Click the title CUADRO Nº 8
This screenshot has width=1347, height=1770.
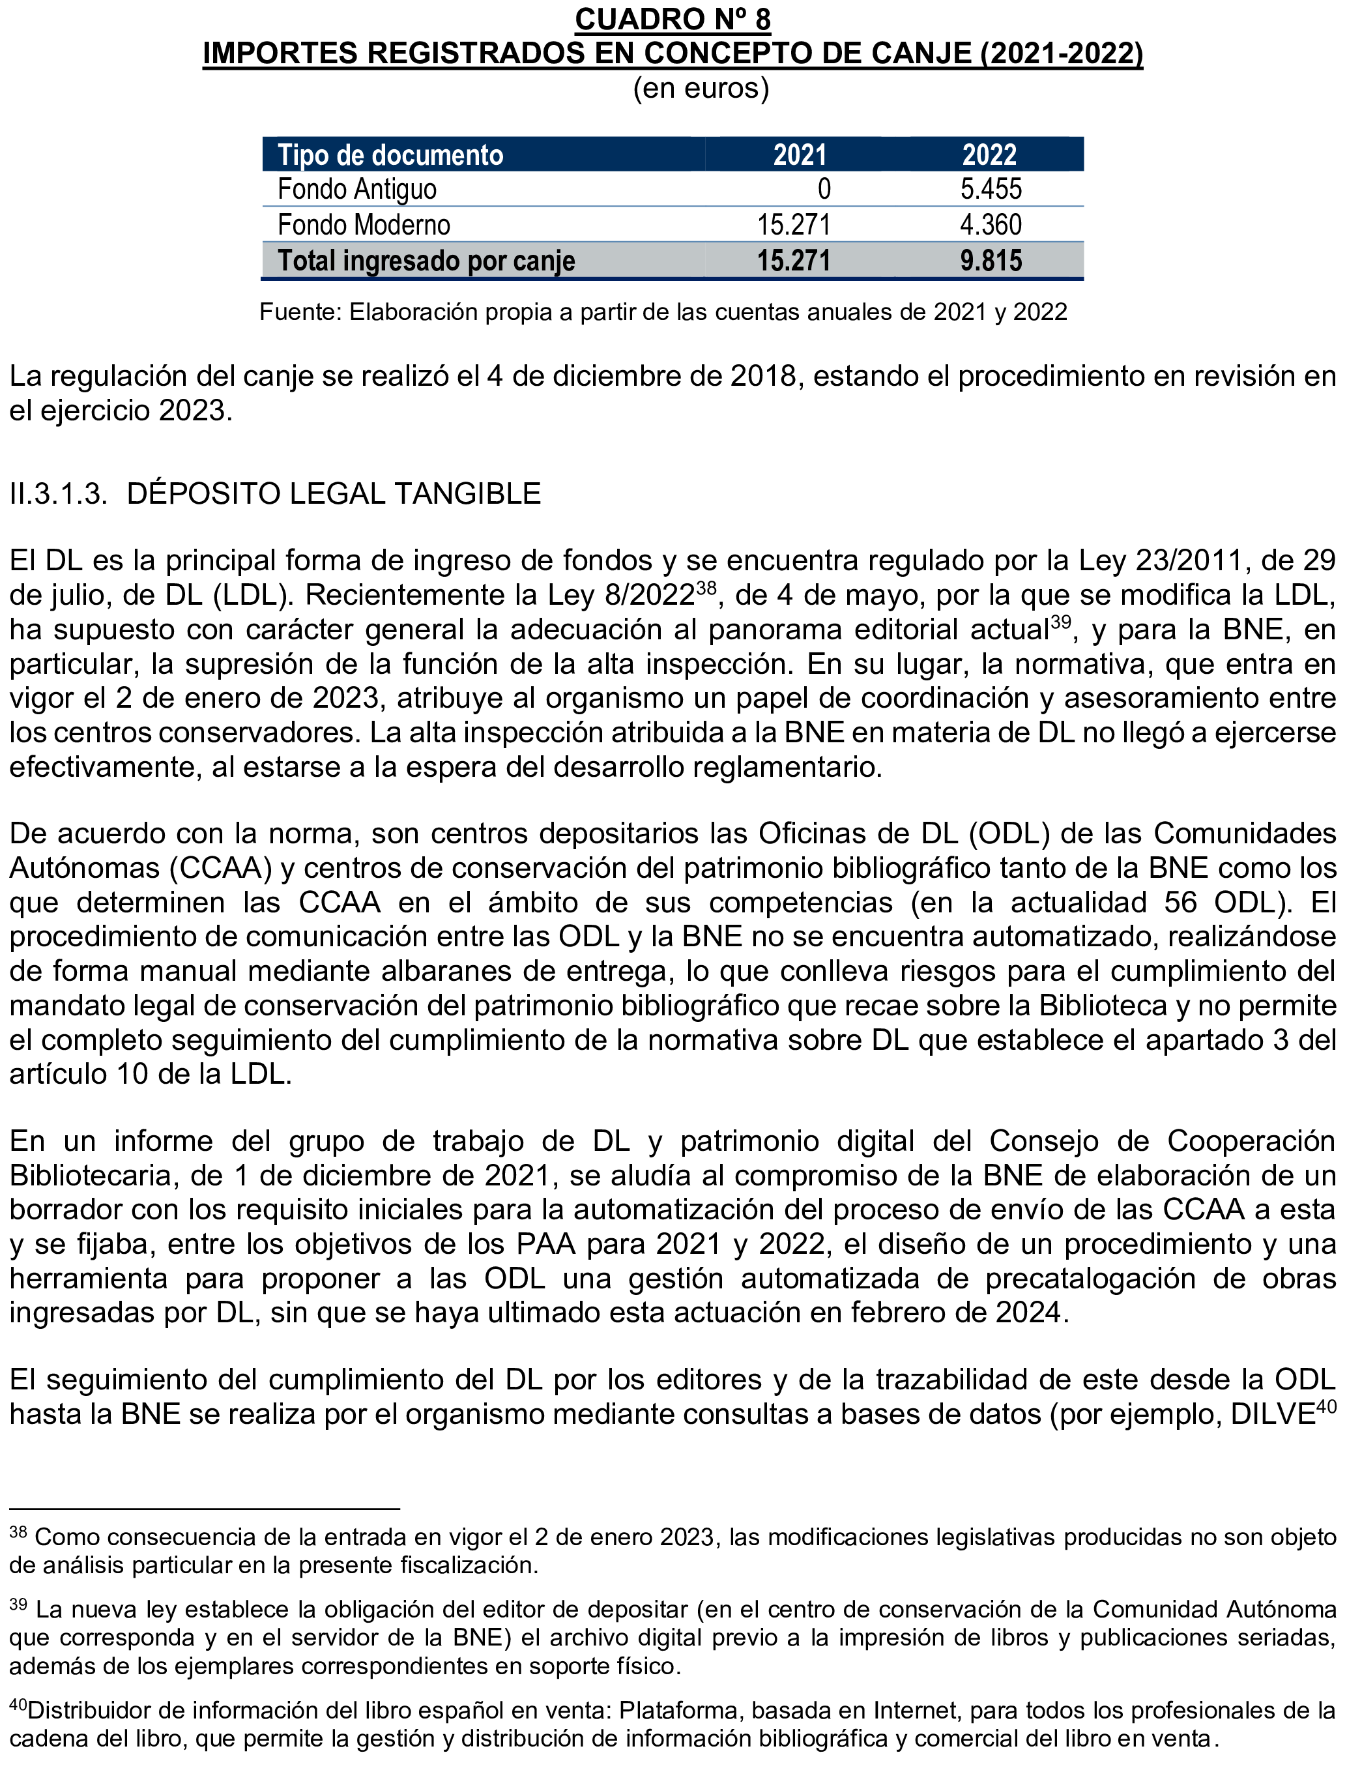click(673, 20)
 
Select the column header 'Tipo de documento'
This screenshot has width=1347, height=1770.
click(390, 154)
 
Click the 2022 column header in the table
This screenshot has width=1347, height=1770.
click(989, 154)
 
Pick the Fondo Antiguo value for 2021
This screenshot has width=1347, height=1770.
click(824, 189)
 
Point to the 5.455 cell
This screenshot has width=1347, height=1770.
click(991, 189)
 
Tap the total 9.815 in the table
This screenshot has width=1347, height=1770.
click(991, 261)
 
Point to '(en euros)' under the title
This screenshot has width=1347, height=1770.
click(701, 87)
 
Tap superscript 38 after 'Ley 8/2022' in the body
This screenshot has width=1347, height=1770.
click(706, 588)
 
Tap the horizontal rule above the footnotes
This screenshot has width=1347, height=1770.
click(205, 1509)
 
